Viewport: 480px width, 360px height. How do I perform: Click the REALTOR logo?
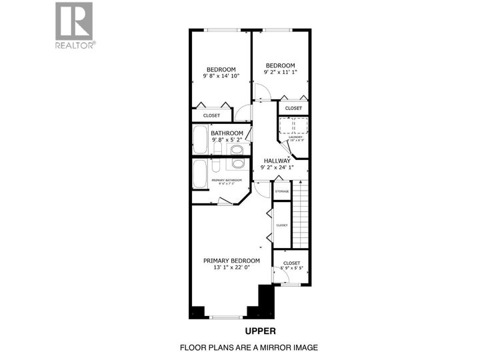(75, 25)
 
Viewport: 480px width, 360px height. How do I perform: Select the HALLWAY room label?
(277, 161)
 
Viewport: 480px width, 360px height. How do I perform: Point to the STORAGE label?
(282, 191)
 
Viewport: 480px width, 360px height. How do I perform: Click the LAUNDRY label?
(295, 137)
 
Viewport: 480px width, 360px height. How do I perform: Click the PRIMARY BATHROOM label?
(227, 181)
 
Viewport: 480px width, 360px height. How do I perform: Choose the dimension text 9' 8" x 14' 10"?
(221, 77)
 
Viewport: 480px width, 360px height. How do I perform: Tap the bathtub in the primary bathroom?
(200, 175)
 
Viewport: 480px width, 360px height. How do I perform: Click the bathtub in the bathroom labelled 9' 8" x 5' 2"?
(199, 139)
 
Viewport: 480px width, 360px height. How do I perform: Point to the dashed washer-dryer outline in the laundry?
(293, 126)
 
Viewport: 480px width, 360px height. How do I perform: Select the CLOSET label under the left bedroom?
(211, 115)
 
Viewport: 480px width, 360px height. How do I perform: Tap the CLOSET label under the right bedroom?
(293, 108)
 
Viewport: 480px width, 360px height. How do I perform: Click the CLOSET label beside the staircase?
(282, 225)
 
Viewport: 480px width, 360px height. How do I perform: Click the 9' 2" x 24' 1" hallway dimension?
(277, 169)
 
